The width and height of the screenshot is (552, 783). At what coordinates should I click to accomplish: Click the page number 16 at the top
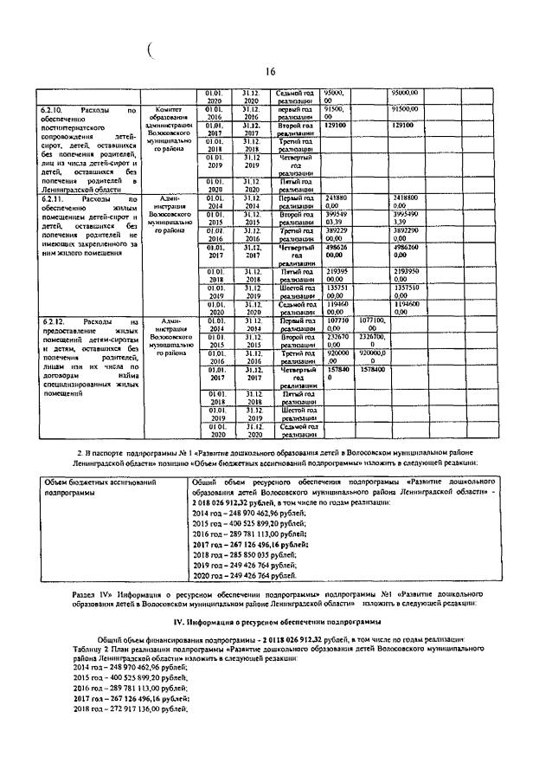(269, 72)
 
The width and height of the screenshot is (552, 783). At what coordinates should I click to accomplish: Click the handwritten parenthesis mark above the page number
(151, 51)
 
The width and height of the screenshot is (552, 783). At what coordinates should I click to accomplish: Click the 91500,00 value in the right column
(406, 110)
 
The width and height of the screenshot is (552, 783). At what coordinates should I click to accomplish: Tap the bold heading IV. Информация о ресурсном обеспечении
(275, 622)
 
